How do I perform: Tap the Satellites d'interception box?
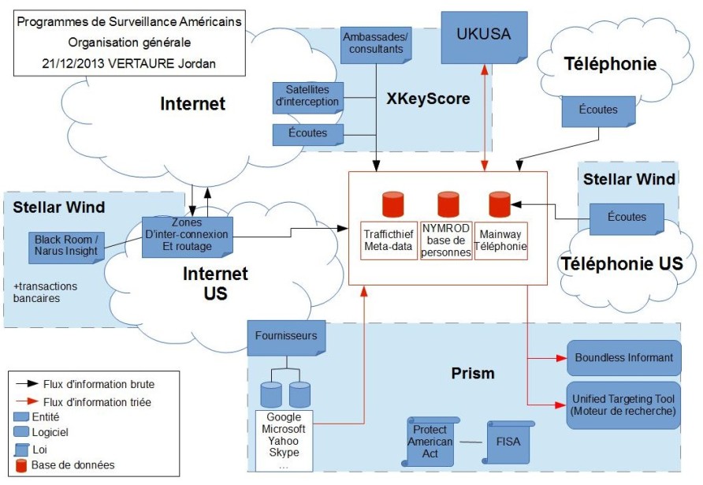(307, 95)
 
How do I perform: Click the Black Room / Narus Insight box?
(65, 244)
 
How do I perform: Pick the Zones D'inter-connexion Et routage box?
(188, 237)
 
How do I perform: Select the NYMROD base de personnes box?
(445, 241)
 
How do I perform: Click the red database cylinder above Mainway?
(500, 203)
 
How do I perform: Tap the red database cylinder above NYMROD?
(448, 203)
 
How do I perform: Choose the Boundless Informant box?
(623, 358)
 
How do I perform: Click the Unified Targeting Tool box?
(623, 405)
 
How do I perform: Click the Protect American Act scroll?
(433, 442)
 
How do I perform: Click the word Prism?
(472, 372)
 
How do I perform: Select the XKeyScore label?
(428, 99)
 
